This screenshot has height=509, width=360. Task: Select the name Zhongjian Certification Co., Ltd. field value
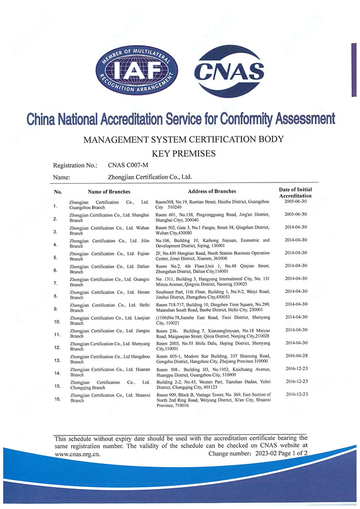coord(150,177)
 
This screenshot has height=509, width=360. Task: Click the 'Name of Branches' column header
coord(111,191)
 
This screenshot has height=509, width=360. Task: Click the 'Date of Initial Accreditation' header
coord(295,193)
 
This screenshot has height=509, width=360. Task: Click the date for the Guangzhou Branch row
coord(296,201)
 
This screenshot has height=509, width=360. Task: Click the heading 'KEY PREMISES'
coord(179,153)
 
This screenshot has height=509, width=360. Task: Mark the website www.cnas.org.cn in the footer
coord(78,454)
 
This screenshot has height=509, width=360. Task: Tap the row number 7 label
coord(56,283)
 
